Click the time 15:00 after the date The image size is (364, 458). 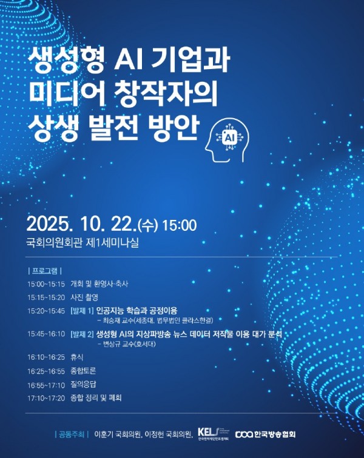click(180, 226)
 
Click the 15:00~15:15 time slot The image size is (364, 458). click(45, 284)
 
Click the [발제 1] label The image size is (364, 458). click(82, 311)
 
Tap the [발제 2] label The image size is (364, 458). click(82, 334)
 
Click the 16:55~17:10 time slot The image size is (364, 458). click(45, 384)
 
